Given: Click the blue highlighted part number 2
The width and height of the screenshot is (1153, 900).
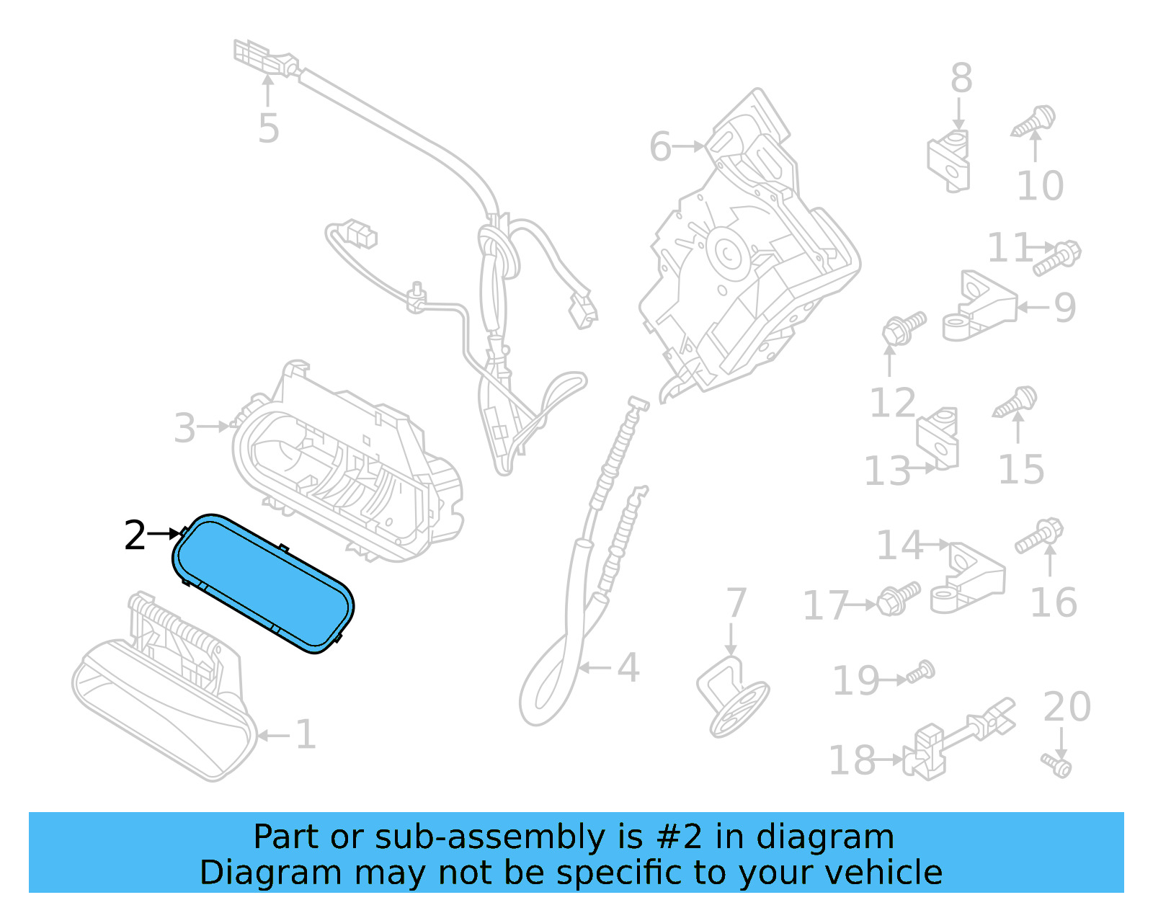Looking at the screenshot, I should pos(263,584).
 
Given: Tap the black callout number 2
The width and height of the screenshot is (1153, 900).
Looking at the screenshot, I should pos(135,535).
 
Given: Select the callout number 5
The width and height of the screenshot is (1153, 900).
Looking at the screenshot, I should pos(268,128).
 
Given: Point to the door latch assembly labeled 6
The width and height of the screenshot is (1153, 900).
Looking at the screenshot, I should pos(749,252).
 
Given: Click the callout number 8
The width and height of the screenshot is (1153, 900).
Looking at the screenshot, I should pos(961,78).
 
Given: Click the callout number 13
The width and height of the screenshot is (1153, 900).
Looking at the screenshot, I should pos(887,471).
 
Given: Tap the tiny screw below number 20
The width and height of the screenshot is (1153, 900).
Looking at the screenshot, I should pos(1057,764).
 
